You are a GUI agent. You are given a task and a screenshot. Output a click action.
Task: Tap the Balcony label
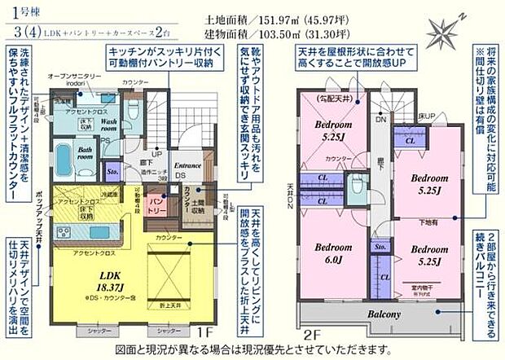382,314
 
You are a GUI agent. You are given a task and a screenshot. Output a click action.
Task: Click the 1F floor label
204,333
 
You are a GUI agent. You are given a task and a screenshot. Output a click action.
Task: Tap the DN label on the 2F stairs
380,119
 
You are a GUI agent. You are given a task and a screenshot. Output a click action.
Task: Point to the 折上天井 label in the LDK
170,304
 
